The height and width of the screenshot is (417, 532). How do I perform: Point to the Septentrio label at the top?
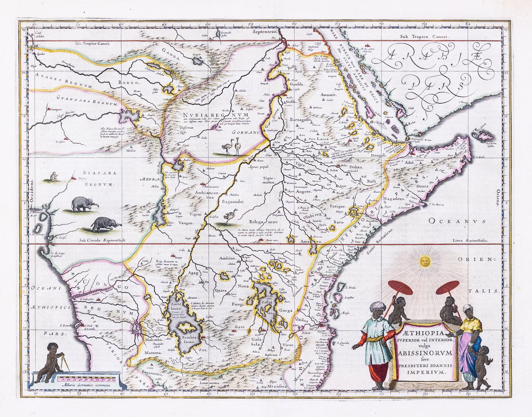(x=264, y=32)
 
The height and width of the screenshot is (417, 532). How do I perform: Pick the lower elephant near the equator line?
(x=106, y=224)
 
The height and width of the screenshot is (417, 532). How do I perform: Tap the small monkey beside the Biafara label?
(x=54, y=177)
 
